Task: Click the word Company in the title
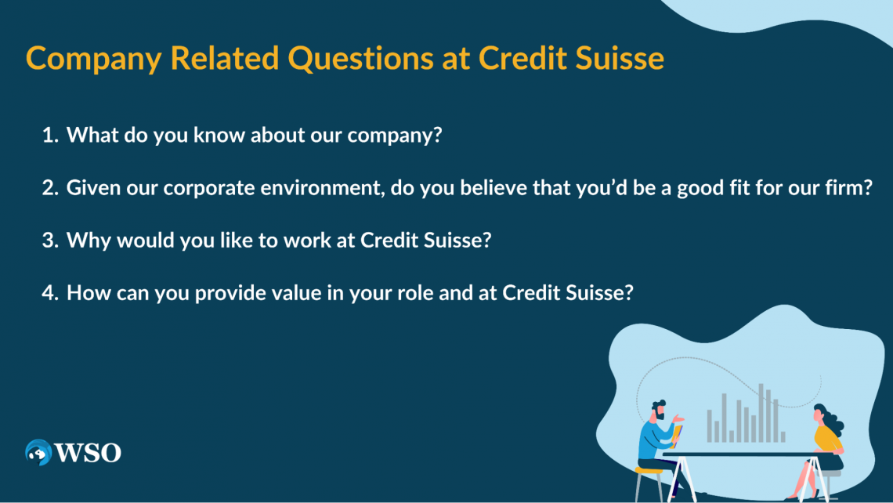94,59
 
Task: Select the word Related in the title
225,57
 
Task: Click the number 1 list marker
50,135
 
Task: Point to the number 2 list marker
50,187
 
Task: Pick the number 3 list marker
50,240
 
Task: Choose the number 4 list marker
50,292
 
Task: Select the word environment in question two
323,188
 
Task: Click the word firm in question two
844,187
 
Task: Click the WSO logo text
88,453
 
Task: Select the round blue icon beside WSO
38,452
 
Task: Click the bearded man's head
658,410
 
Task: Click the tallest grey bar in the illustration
761,412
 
